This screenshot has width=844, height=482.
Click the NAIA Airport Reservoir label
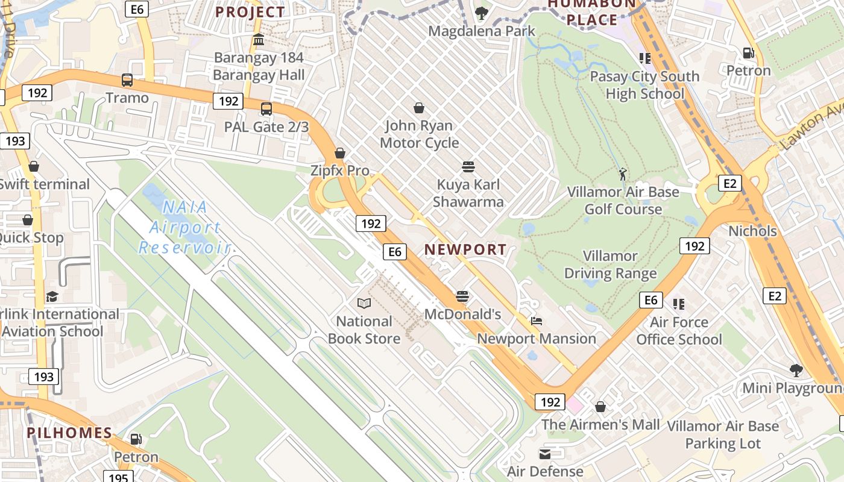(x=184, y=227)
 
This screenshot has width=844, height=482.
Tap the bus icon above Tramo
(x=127, y=80)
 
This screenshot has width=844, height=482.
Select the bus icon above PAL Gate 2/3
(x=266, y=109)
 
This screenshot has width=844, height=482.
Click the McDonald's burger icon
(x=462, y=296)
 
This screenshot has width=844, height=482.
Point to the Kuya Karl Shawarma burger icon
(x=468, y=166)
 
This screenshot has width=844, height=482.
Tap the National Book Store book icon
(x=364, y=303)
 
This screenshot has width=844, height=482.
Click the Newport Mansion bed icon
(x=536, y=321)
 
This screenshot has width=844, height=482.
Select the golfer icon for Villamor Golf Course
(x=623, y=174)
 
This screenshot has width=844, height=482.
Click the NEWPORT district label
(x=465, y=249)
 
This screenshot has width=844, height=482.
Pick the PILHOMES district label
(x=69, y=433)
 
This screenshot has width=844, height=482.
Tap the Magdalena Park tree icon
(x=481, y=13)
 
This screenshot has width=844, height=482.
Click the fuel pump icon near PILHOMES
(x=136, y=439)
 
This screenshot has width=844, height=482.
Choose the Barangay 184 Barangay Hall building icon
(x=259, y=40)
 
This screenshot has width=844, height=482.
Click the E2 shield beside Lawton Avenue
(x=729, y=183)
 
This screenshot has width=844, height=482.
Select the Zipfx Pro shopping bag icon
(x=340, y=153)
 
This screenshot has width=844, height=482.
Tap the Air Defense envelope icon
(x=545, y=454)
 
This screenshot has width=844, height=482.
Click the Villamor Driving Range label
(x=610, y=264)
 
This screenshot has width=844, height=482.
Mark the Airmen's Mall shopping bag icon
(x=600, y=407)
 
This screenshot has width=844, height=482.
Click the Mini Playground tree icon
(x=796, y=370)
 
